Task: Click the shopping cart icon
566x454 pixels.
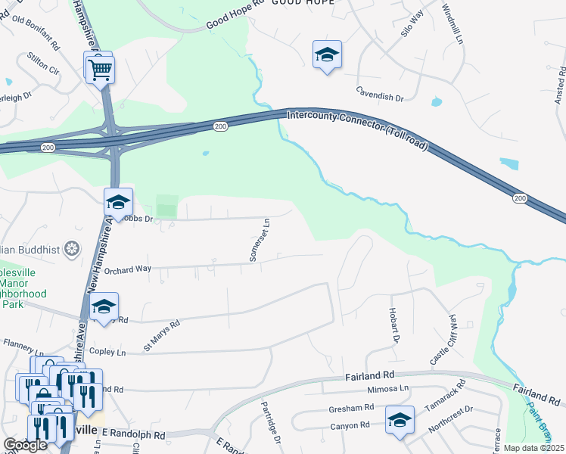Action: click(x=100, y=70)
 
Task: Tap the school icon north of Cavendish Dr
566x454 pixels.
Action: click(x=326, y=55)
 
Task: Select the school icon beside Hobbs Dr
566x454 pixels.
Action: click(x=118, y=202)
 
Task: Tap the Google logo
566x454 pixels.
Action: click(x=25, y=445)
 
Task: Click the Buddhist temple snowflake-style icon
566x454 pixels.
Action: click(x=73, y=248)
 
